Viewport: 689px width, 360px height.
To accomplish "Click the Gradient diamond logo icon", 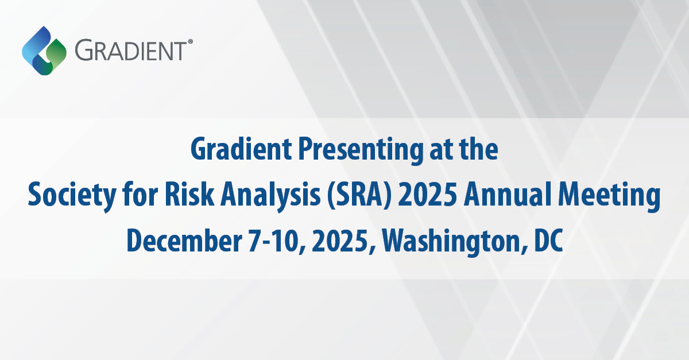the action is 44,51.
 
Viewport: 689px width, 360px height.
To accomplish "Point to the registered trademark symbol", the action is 190,41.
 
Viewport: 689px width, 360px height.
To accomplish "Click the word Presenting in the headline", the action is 361,151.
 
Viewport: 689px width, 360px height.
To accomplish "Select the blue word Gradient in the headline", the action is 241,149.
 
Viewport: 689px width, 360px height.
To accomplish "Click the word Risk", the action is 189,195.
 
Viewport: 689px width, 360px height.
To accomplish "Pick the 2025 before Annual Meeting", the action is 427,195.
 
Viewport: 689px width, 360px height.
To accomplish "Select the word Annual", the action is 507,195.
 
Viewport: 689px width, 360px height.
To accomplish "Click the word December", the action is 184,241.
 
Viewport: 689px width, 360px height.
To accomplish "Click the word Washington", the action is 451,242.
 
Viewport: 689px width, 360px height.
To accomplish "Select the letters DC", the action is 548,241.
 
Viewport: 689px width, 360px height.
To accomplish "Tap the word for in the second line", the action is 140,194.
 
